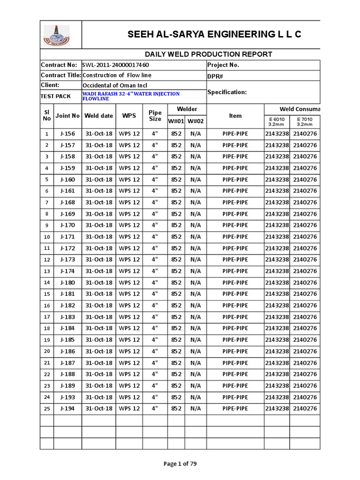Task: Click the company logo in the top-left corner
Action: tap(56, 34)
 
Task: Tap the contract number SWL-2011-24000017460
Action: tap(116, 65)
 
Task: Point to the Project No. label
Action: tap(223, 65)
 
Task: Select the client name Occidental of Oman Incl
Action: tap(115, 85)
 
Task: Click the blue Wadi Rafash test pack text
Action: tap(131, 96)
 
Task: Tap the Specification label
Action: tap(227, 92)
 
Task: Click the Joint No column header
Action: tap(67, 116)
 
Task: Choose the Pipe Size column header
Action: tap(155, 116)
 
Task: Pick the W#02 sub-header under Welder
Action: tap(195, 121)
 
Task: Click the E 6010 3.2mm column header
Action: tap(277, 122)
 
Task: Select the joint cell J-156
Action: tap(67, 134)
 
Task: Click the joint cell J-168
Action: tap(67, 202)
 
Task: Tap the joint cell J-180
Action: tap(67, 283)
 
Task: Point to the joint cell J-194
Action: tap(67, 409)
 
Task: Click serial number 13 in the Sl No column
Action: tap(46, 271)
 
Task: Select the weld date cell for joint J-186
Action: tap(99, 352)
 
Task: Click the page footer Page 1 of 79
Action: tap(180, 464)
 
